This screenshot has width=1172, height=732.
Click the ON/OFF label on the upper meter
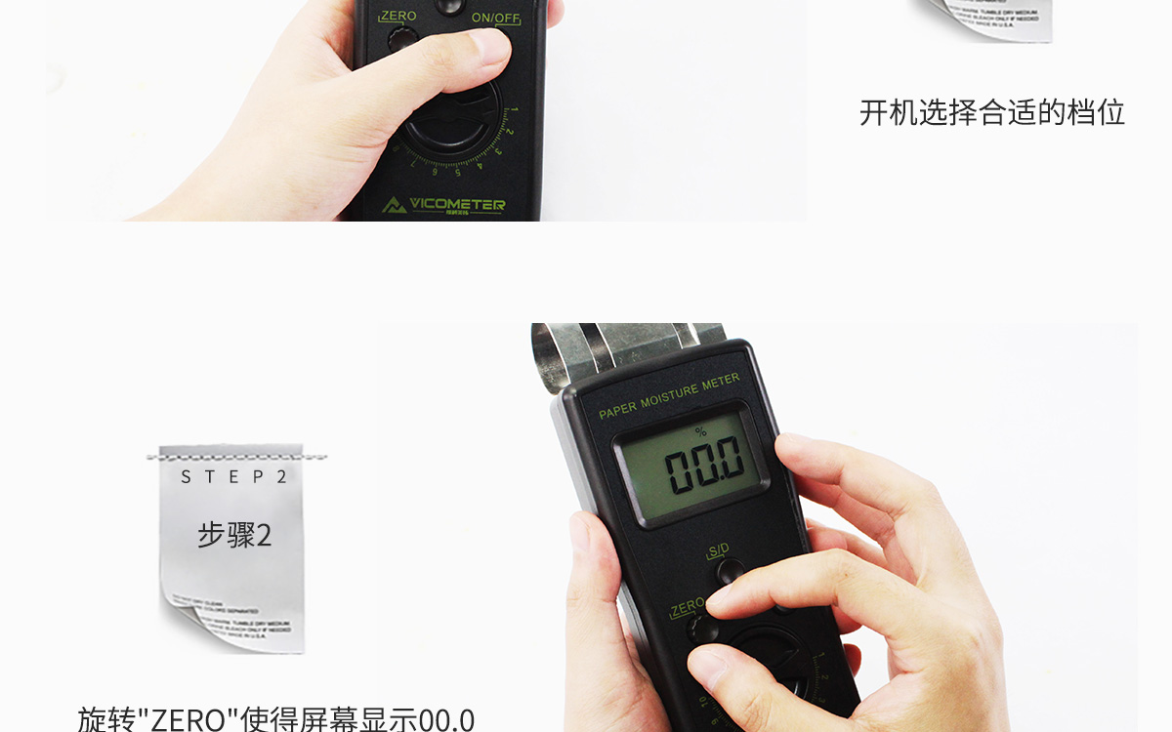(495, 18)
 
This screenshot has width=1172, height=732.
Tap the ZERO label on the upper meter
(398, 16)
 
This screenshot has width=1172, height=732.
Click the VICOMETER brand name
(457, 204)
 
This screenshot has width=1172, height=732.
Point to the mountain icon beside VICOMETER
(395, 205)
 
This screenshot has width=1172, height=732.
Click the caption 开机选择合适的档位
(991, 112)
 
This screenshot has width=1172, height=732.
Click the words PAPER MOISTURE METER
(669, 395)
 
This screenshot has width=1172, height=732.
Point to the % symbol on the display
(699, 431)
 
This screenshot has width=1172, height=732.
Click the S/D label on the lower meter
(718, 549)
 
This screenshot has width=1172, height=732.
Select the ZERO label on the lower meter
(687, 607)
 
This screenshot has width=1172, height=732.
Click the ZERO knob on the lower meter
(699, 630)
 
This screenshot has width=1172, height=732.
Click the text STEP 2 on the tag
(234, 476)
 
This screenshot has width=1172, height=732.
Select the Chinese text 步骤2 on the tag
(234, 535)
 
